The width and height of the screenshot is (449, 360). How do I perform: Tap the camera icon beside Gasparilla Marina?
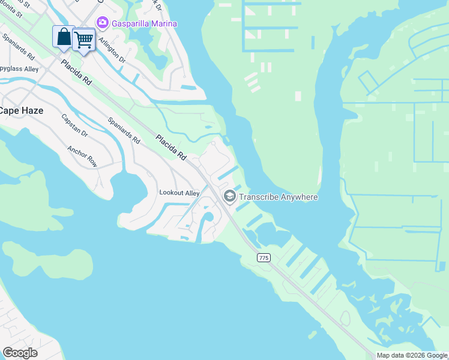pyautogui.click(x=101, y=23)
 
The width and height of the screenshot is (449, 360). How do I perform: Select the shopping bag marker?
pyautogui.click(x=63, y=37)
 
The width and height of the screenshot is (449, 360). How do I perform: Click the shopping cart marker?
pyautogui.click(x=84, y=40)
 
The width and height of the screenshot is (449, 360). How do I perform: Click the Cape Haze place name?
pyautogui.click(x=21, y=110)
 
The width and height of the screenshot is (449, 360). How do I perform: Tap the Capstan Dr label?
pyautogui.click(x=75, y=125)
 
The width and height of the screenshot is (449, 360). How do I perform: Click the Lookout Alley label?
pyautogui.click(x=179, y=193)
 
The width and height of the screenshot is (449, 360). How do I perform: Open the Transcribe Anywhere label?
pyautogui.click(x=279, y=197)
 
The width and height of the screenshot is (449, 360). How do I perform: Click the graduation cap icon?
pyautogui.click(x=229, y=196)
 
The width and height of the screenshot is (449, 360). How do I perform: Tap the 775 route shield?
pyautogui.click(x=264, y=257)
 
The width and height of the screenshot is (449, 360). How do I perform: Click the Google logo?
pyautogui.click(x=20, y=353)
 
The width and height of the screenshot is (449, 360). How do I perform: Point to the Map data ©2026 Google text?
pyautogui.click(x=412, y=355)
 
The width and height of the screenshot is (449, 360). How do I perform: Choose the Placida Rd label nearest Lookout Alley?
pyautogui.click(x=171, y=147)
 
